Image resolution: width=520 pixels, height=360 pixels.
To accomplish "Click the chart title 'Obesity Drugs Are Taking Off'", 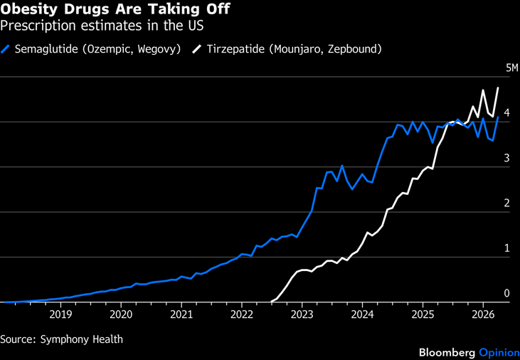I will click(115, 10).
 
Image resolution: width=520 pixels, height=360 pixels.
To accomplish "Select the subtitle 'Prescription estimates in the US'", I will click(102, 26).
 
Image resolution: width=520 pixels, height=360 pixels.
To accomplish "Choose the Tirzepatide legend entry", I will click(294, 49).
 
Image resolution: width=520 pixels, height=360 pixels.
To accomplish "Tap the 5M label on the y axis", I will click(512, 68).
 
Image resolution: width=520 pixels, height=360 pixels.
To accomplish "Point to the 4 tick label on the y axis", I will click(507, 113).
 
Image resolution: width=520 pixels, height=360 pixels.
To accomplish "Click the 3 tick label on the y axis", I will click(507, 158).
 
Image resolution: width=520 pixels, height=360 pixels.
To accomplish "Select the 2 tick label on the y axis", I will click(507, 203).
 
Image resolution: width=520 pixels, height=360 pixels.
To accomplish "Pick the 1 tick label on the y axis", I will click(507, 248).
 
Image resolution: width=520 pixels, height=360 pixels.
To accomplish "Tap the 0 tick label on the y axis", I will click(507, 293).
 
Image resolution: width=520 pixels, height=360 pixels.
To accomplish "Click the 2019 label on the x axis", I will click(60, 314).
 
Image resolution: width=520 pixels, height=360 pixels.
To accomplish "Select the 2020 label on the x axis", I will click(121, 314).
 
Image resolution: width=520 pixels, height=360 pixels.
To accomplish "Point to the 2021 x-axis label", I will click(181, 314).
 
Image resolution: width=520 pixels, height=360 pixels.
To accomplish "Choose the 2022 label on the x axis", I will click(242, 314).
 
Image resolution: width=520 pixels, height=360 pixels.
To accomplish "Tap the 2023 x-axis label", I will click(302, 314).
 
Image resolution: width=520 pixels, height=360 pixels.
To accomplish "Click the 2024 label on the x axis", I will click(363, 314).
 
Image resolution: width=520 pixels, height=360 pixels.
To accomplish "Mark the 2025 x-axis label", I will click(423, 314).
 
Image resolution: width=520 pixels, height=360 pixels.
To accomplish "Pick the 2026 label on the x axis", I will click(484, 314).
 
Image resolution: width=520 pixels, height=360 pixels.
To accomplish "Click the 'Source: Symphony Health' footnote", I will click(61, 339).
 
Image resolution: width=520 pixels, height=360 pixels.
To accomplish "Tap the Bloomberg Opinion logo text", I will click(469, 352).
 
